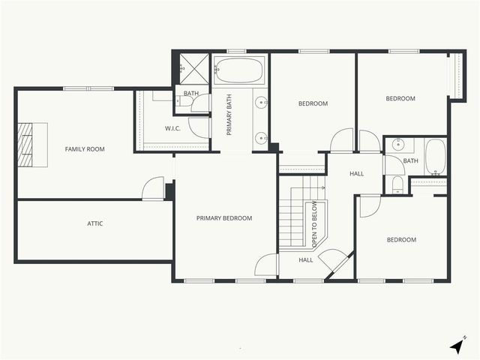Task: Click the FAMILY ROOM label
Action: [x=85, y=149]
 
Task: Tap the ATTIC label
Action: [x=94, y=223]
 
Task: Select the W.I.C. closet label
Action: [x=174, y=128]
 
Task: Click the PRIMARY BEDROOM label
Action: [x=224, y=218]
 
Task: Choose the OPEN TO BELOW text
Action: [x=315, y=224]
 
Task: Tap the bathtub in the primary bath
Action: [x=238, y=73]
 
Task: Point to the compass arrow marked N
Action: [x=457, y=345]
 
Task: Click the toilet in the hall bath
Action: [x=397, y=184]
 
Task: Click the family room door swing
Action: [x=154, y=188]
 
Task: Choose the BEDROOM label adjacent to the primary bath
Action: [x=313, y=103]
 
